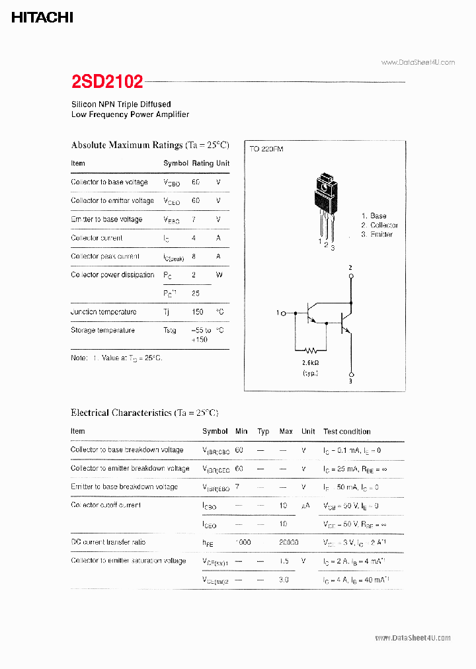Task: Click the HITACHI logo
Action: click(42, 18)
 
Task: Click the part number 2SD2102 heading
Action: click(107, 81)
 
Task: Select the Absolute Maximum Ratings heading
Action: click(149, 145)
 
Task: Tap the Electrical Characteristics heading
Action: click(144, 413)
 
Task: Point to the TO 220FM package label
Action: click(266, 149)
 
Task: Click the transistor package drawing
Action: click(325, 205)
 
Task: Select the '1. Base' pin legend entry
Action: click(374, 216)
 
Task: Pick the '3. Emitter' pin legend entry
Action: click(377, 235)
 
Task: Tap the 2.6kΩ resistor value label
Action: click(310, 363)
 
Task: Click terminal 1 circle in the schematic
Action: click(284, 313)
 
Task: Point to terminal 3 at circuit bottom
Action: click(351, 373)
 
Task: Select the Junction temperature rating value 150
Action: click(196, 312)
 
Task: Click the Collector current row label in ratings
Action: click(97, 238)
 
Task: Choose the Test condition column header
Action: click(347, 432)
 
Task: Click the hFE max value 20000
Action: click(288, 542)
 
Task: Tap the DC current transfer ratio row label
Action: click(108, 542)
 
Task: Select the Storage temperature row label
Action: click(102, 331)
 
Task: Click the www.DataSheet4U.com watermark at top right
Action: click(418, 62)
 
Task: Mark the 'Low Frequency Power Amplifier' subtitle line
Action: click(130, 114)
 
